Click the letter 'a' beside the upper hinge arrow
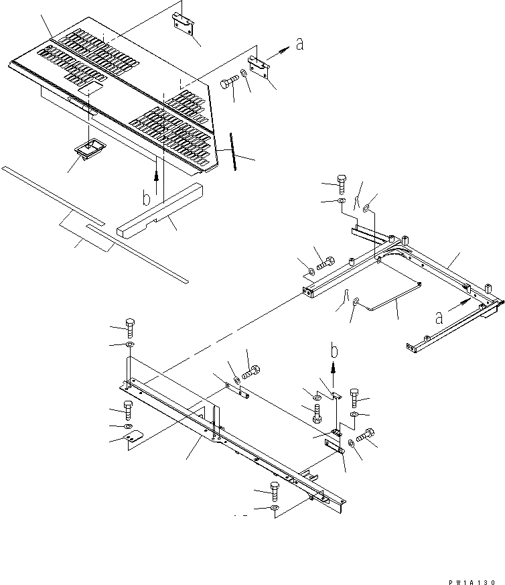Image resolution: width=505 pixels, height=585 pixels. pyautogui.click(x=299, y=44)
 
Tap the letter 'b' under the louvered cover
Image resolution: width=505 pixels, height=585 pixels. pyautogui.click(x=147, y=197)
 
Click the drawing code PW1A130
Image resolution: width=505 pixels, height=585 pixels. pyautogui.click(x=472, y=565)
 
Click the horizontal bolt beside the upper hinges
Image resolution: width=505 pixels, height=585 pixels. pyautogui.click(x=229, y=85)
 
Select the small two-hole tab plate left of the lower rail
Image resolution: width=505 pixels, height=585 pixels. pyautogui.click(x=136, y=438)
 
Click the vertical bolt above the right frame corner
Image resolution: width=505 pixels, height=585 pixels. pyautogui.click(x=342, y=182)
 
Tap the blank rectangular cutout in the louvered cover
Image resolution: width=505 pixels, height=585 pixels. pyautogui.click(x=88, y=88)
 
